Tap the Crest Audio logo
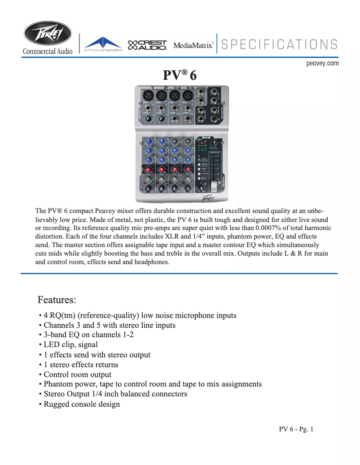147,45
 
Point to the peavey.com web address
322,64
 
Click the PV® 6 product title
180,74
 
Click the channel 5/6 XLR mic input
188,96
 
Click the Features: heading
57,299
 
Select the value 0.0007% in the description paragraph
271,228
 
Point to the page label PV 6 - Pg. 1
296,429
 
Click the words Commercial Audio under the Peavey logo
48,51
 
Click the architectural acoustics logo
103,45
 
